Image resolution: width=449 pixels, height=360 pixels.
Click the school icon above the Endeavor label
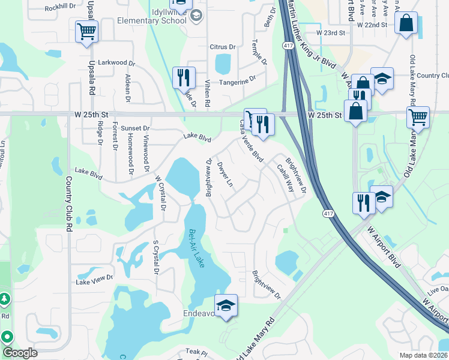pyautogui.click(x=226, y=305)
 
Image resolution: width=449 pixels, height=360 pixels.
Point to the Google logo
pyautogui.click(x=19, y=353)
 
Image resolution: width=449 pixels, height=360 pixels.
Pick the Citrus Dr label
pyautogui.click(x=222, y=47)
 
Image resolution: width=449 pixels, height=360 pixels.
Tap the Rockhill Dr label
pyautogui.click(x=59, y=7)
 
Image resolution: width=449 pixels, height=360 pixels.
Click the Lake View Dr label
pyautogui.click(x=94, y=279)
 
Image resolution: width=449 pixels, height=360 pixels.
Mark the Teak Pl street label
pyautogui.click(x=196, y=352)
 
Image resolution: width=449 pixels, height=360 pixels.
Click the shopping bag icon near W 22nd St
pyautogui.click(x=406, y=24)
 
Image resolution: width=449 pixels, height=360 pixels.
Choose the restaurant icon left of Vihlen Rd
pyautogui.click(x=182, y=77)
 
